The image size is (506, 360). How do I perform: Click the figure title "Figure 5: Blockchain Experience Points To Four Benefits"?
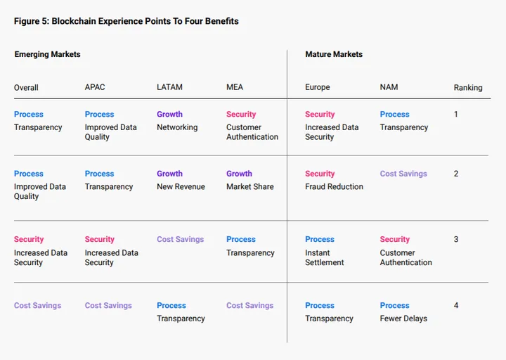(126, 21)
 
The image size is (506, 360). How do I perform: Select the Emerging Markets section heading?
(47, 54)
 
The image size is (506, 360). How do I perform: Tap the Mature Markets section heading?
(334, 54)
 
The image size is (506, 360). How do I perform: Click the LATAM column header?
(169, 87)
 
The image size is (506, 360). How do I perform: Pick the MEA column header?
(235, 87)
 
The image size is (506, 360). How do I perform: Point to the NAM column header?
(389, 87)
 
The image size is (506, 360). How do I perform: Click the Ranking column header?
(467, 88)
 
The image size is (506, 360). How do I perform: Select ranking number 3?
(456, 240)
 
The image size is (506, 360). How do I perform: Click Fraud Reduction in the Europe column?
(334, 186)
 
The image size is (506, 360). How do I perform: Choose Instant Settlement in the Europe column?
(325, 257)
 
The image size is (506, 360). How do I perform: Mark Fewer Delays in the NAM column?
(403, 319)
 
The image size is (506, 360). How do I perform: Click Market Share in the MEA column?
(249, 186)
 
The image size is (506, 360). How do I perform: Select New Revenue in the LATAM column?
(181, 186)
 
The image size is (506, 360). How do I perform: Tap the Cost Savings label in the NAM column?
(403, 174)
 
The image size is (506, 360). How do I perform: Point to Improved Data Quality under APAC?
(110, 132)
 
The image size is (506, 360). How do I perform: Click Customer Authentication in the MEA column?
(252, 132)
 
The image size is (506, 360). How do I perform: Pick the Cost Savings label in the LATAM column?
(180, 239)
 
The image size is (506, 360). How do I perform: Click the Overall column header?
(26, 88)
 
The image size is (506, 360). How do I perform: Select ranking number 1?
(456, 115)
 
